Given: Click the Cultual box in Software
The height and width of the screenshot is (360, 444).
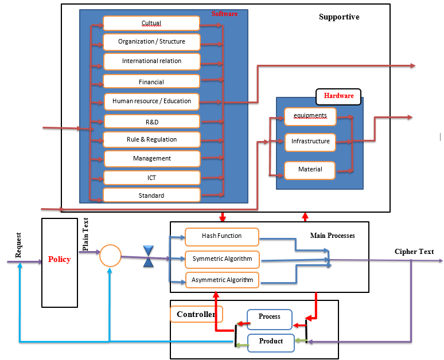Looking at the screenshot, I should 151,23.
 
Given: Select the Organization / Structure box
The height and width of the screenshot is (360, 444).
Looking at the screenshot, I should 151,42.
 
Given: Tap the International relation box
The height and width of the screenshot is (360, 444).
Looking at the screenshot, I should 151,61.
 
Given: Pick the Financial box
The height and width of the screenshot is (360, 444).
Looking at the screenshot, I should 151,81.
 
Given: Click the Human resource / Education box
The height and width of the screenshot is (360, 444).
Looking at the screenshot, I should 151,101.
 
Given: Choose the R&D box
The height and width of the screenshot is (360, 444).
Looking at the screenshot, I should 151,121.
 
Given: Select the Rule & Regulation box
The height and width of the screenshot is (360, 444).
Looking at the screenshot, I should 151,139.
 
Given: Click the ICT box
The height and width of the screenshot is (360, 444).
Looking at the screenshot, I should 151,177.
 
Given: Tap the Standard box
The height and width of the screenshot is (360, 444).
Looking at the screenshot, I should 151,195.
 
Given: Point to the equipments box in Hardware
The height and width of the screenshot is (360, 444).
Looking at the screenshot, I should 310,116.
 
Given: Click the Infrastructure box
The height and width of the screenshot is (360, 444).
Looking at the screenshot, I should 310,142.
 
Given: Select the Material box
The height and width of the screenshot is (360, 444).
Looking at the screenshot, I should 310,170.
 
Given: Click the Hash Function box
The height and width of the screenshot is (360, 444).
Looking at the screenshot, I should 221,236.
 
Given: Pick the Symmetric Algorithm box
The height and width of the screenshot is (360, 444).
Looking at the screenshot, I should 222,259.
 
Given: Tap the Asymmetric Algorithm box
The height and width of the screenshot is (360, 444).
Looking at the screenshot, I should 222,280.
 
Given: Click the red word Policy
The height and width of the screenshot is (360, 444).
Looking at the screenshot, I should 59,259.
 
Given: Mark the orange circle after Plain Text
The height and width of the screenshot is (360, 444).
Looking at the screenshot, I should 110,256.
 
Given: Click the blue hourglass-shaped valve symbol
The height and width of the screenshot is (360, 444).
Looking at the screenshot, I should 149,256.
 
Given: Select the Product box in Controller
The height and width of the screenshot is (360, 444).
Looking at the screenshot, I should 271,342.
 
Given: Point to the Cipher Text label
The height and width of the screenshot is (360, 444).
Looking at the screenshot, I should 414,252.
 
